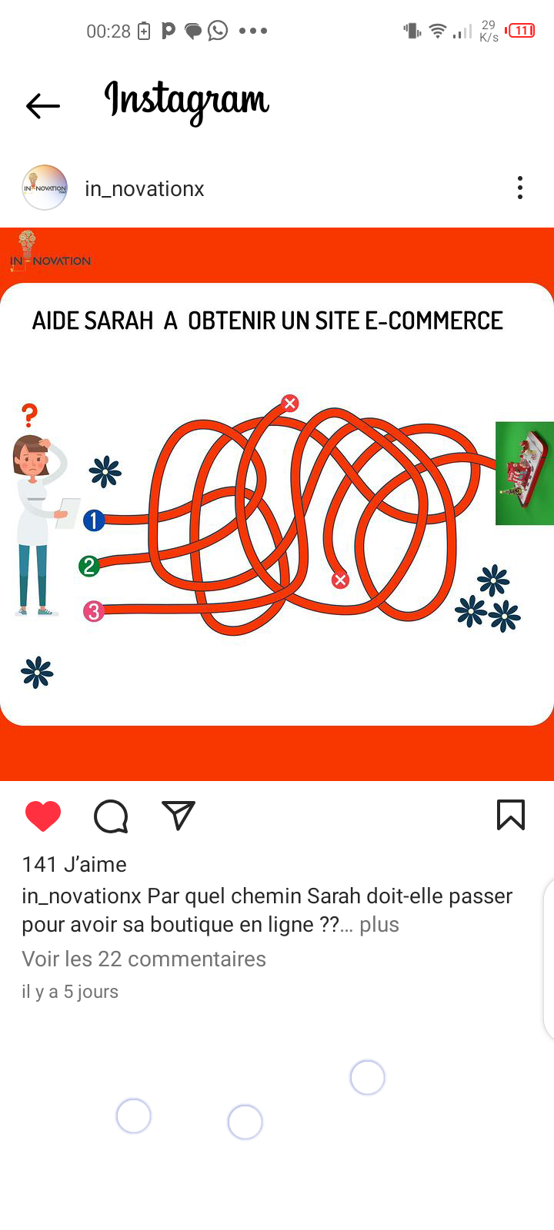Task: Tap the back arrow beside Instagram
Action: [x=43, y=105]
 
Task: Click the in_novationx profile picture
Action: [x=45, y=188]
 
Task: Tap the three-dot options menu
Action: [x=520, y=188]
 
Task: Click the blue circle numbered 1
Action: [x=94, y=520]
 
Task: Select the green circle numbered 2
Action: [x=89, y=566]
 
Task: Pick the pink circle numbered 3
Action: [x=93, y=611]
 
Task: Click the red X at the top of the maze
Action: [x=289, y=403]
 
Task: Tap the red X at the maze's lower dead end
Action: [x=340, y=580]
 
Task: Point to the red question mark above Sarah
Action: [x=30, y=415]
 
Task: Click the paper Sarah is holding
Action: [x=68, y=513]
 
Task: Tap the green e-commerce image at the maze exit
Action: [x=524, y=473]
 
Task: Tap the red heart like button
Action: [x=43, y=816]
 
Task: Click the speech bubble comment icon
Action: [x=111, y=816]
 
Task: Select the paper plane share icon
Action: [x=179, y=815]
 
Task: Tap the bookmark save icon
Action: [x=511, y=815]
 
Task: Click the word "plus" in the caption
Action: [x=379, y=924]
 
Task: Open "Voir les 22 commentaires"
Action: [x=144, y=959]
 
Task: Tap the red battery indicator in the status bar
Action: [x=520, y=30]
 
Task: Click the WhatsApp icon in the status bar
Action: [x=219, y=30]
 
